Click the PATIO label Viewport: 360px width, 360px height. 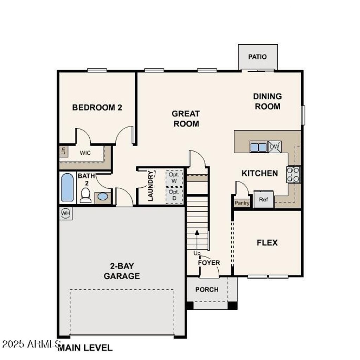tap(257, 57)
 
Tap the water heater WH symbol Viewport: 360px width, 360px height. tap(65, 213)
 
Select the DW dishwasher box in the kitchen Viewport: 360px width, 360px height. tap(275, 147)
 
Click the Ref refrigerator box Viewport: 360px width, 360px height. tap(263, 199)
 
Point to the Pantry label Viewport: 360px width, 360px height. tap(242, 203)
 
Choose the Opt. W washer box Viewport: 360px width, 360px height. tap(174, 178)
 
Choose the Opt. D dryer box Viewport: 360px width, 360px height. tap(174, 195)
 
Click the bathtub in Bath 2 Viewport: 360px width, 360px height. tap(67, 187)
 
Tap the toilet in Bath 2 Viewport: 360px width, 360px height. tap(85, 195)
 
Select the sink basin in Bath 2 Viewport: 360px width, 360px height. tap(103, 197)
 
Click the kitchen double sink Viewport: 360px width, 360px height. tap(258, 147)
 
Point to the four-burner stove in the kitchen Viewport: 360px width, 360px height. tap(293, 174)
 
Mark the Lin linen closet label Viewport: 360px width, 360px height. tap(63, 151)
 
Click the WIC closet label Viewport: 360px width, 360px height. tap(85, 153)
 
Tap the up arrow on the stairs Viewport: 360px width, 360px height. tap(197, 232)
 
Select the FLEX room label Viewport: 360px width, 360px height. tap(267, 243)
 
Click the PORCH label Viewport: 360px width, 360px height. tap(207, 289)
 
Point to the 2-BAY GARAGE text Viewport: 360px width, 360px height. tap(122, 271)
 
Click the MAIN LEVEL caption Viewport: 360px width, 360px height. tap(85, 348)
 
